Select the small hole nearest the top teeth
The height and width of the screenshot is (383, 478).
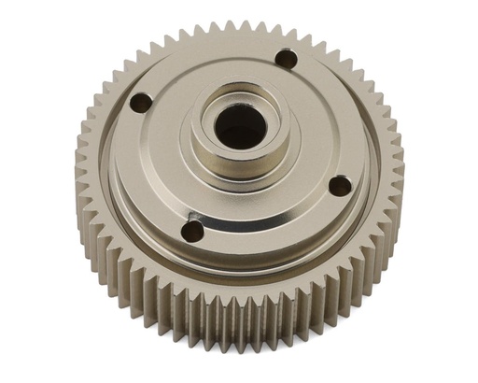pyautogui.click(x=288, y=61)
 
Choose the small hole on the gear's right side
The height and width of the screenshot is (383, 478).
pyautogui.click(x=341, y=186)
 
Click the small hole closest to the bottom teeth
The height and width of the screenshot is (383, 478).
pyautogui.click(x=192, y=230)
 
